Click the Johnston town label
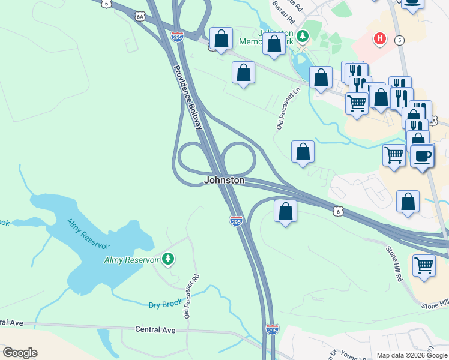click(x=224, y=180)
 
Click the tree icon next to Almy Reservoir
click(x=169, y=259)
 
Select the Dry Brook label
click(x=165, y=304)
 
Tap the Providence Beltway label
click(x=188, y=97)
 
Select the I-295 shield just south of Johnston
click(x=236, y=221)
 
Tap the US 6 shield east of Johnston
click(x=339, y=211)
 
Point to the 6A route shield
click(x=140, y=16)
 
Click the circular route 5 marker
click(x=400, y=40)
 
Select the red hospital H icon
click(x=379, y=39)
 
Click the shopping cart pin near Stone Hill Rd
click(x=424, y=265)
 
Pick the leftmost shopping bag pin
click(x=221, y=38)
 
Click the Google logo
click(x=20, y=353)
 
